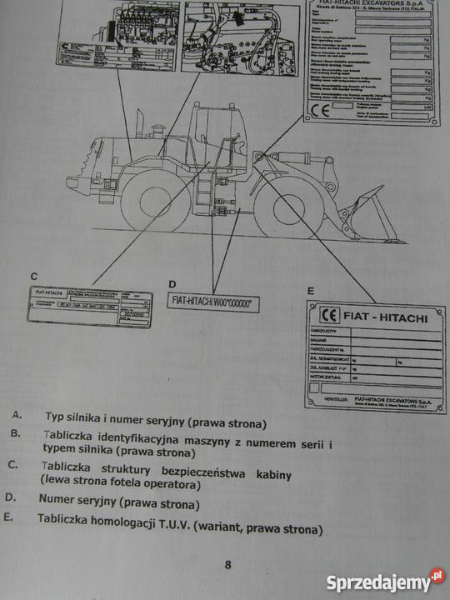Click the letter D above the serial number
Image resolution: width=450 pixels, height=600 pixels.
[x=172, y=283]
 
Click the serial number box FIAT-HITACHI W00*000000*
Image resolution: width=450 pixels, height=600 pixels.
[x=212, y=302]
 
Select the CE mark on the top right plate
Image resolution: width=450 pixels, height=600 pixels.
[x=320, y=109]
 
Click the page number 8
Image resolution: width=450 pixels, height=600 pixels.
[x=227, y=565]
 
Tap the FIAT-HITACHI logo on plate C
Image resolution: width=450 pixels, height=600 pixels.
[x=51, y=294]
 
